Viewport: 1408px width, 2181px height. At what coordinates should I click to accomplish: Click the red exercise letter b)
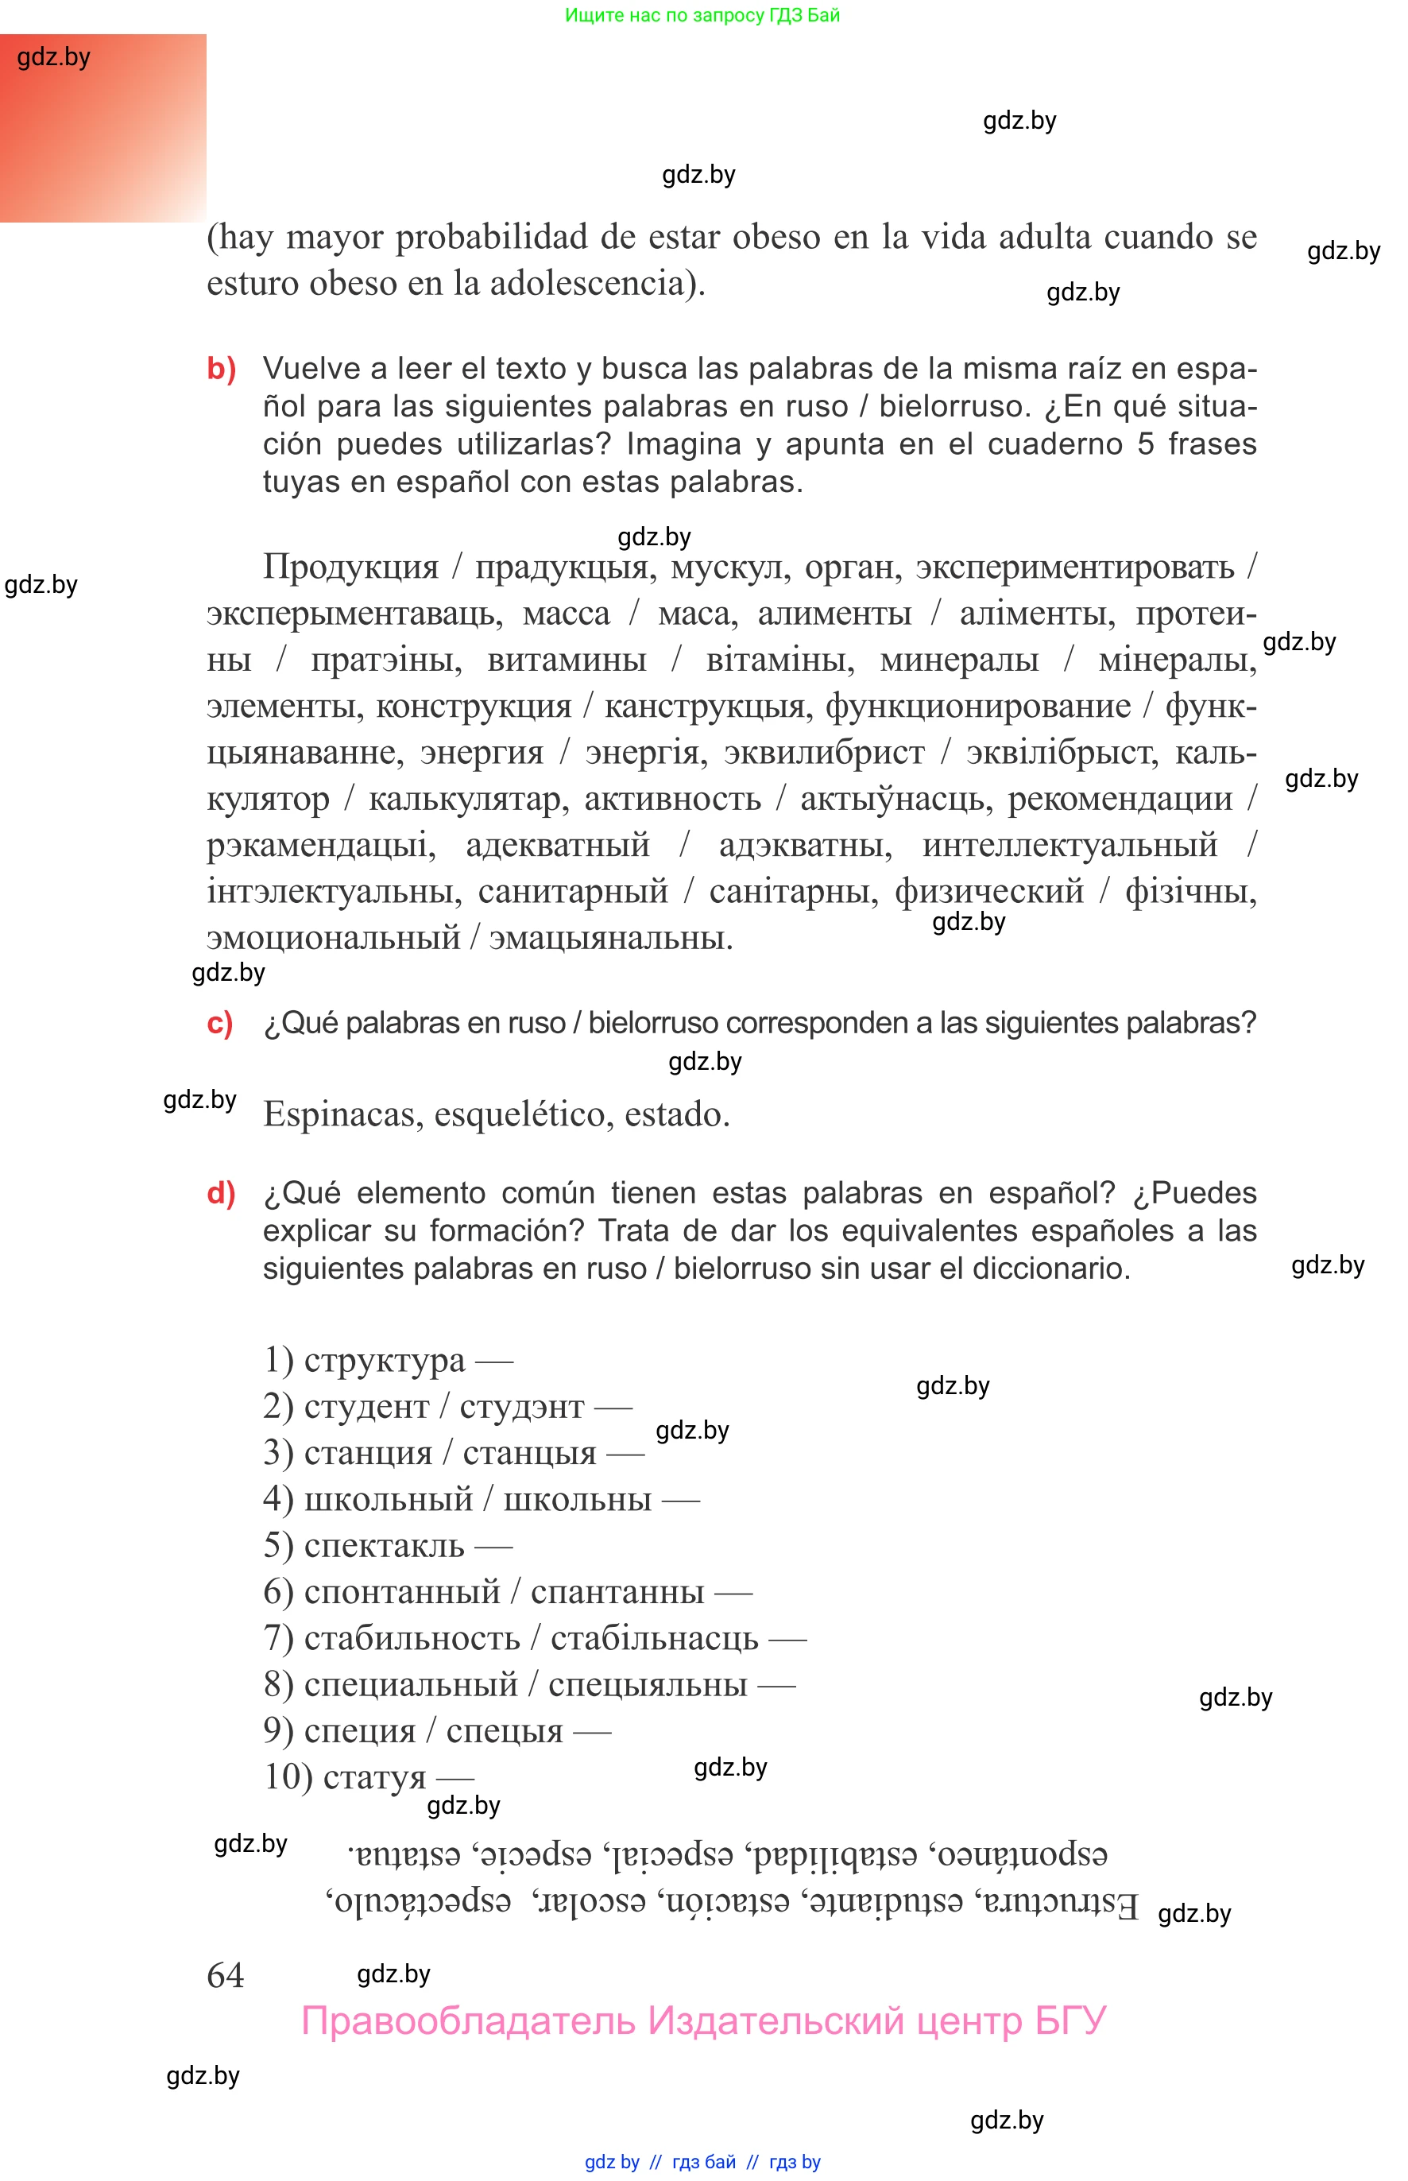click(221, 369)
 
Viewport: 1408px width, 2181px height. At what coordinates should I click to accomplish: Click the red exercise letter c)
click(219, 1022)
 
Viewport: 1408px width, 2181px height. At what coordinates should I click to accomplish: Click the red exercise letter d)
click(220, 1192)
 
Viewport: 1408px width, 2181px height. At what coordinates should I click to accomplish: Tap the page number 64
click(225, 1975)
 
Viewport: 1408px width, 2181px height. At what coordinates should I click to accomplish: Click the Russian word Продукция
click(350, 567)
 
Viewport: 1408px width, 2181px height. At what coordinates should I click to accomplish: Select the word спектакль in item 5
click(384, 1545)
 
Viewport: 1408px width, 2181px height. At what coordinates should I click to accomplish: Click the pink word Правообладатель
click(467, 2021)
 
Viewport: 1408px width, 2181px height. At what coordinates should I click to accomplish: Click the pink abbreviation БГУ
click(1070, 2021)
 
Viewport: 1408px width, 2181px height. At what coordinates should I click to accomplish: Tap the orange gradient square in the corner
click(103, 128)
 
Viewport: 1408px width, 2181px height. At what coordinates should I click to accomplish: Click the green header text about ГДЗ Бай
click(702, 14)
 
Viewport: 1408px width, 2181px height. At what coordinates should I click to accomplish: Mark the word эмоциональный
click(333, 938)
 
